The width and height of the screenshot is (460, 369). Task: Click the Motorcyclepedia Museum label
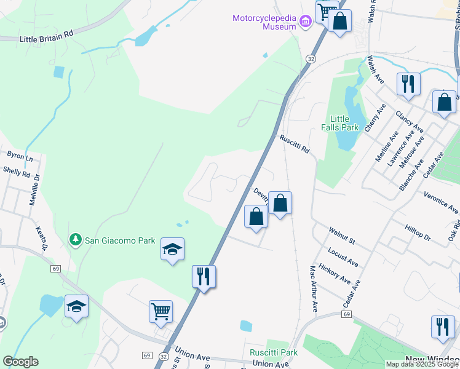(264, 23)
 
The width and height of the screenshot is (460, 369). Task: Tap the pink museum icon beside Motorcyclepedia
(305, 23)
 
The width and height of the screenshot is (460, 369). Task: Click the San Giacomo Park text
(120, 240)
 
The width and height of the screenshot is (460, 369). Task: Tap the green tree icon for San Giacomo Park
(75, 239)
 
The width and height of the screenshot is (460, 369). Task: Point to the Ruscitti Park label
(274, 352)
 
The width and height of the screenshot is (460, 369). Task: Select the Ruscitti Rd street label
(295, 145)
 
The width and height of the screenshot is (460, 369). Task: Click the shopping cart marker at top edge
(327, 10)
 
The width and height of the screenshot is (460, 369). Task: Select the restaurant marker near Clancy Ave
(408, 83)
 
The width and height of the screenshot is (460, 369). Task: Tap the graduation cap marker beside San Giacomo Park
(173, 249)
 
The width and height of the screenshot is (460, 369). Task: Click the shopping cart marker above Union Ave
(161, 311)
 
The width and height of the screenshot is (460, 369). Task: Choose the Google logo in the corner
(20, 362)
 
